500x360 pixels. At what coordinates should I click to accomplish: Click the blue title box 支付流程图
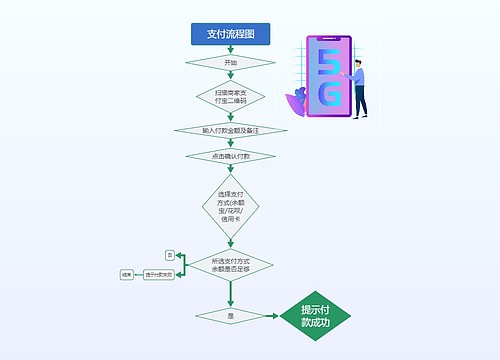231,34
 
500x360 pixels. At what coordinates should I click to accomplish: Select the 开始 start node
231,62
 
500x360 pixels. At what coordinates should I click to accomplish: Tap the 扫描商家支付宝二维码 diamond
231,96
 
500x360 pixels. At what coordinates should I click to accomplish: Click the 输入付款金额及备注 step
231,130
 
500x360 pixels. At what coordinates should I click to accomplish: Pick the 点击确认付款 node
231,156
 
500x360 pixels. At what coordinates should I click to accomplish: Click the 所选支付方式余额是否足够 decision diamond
231,265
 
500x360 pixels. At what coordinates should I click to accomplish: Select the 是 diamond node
231,315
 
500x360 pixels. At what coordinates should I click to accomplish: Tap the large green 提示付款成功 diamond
316,315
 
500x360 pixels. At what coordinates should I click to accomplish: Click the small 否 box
170,256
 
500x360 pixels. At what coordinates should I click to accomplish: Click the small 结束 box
127,274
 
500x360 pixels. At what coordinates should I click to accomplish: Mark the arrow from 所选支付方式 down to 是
231,296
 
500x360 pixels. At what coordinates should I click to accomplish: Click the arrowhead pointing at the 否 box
179,256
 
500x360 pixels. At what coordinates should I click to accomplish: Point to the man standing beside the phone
358,85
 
